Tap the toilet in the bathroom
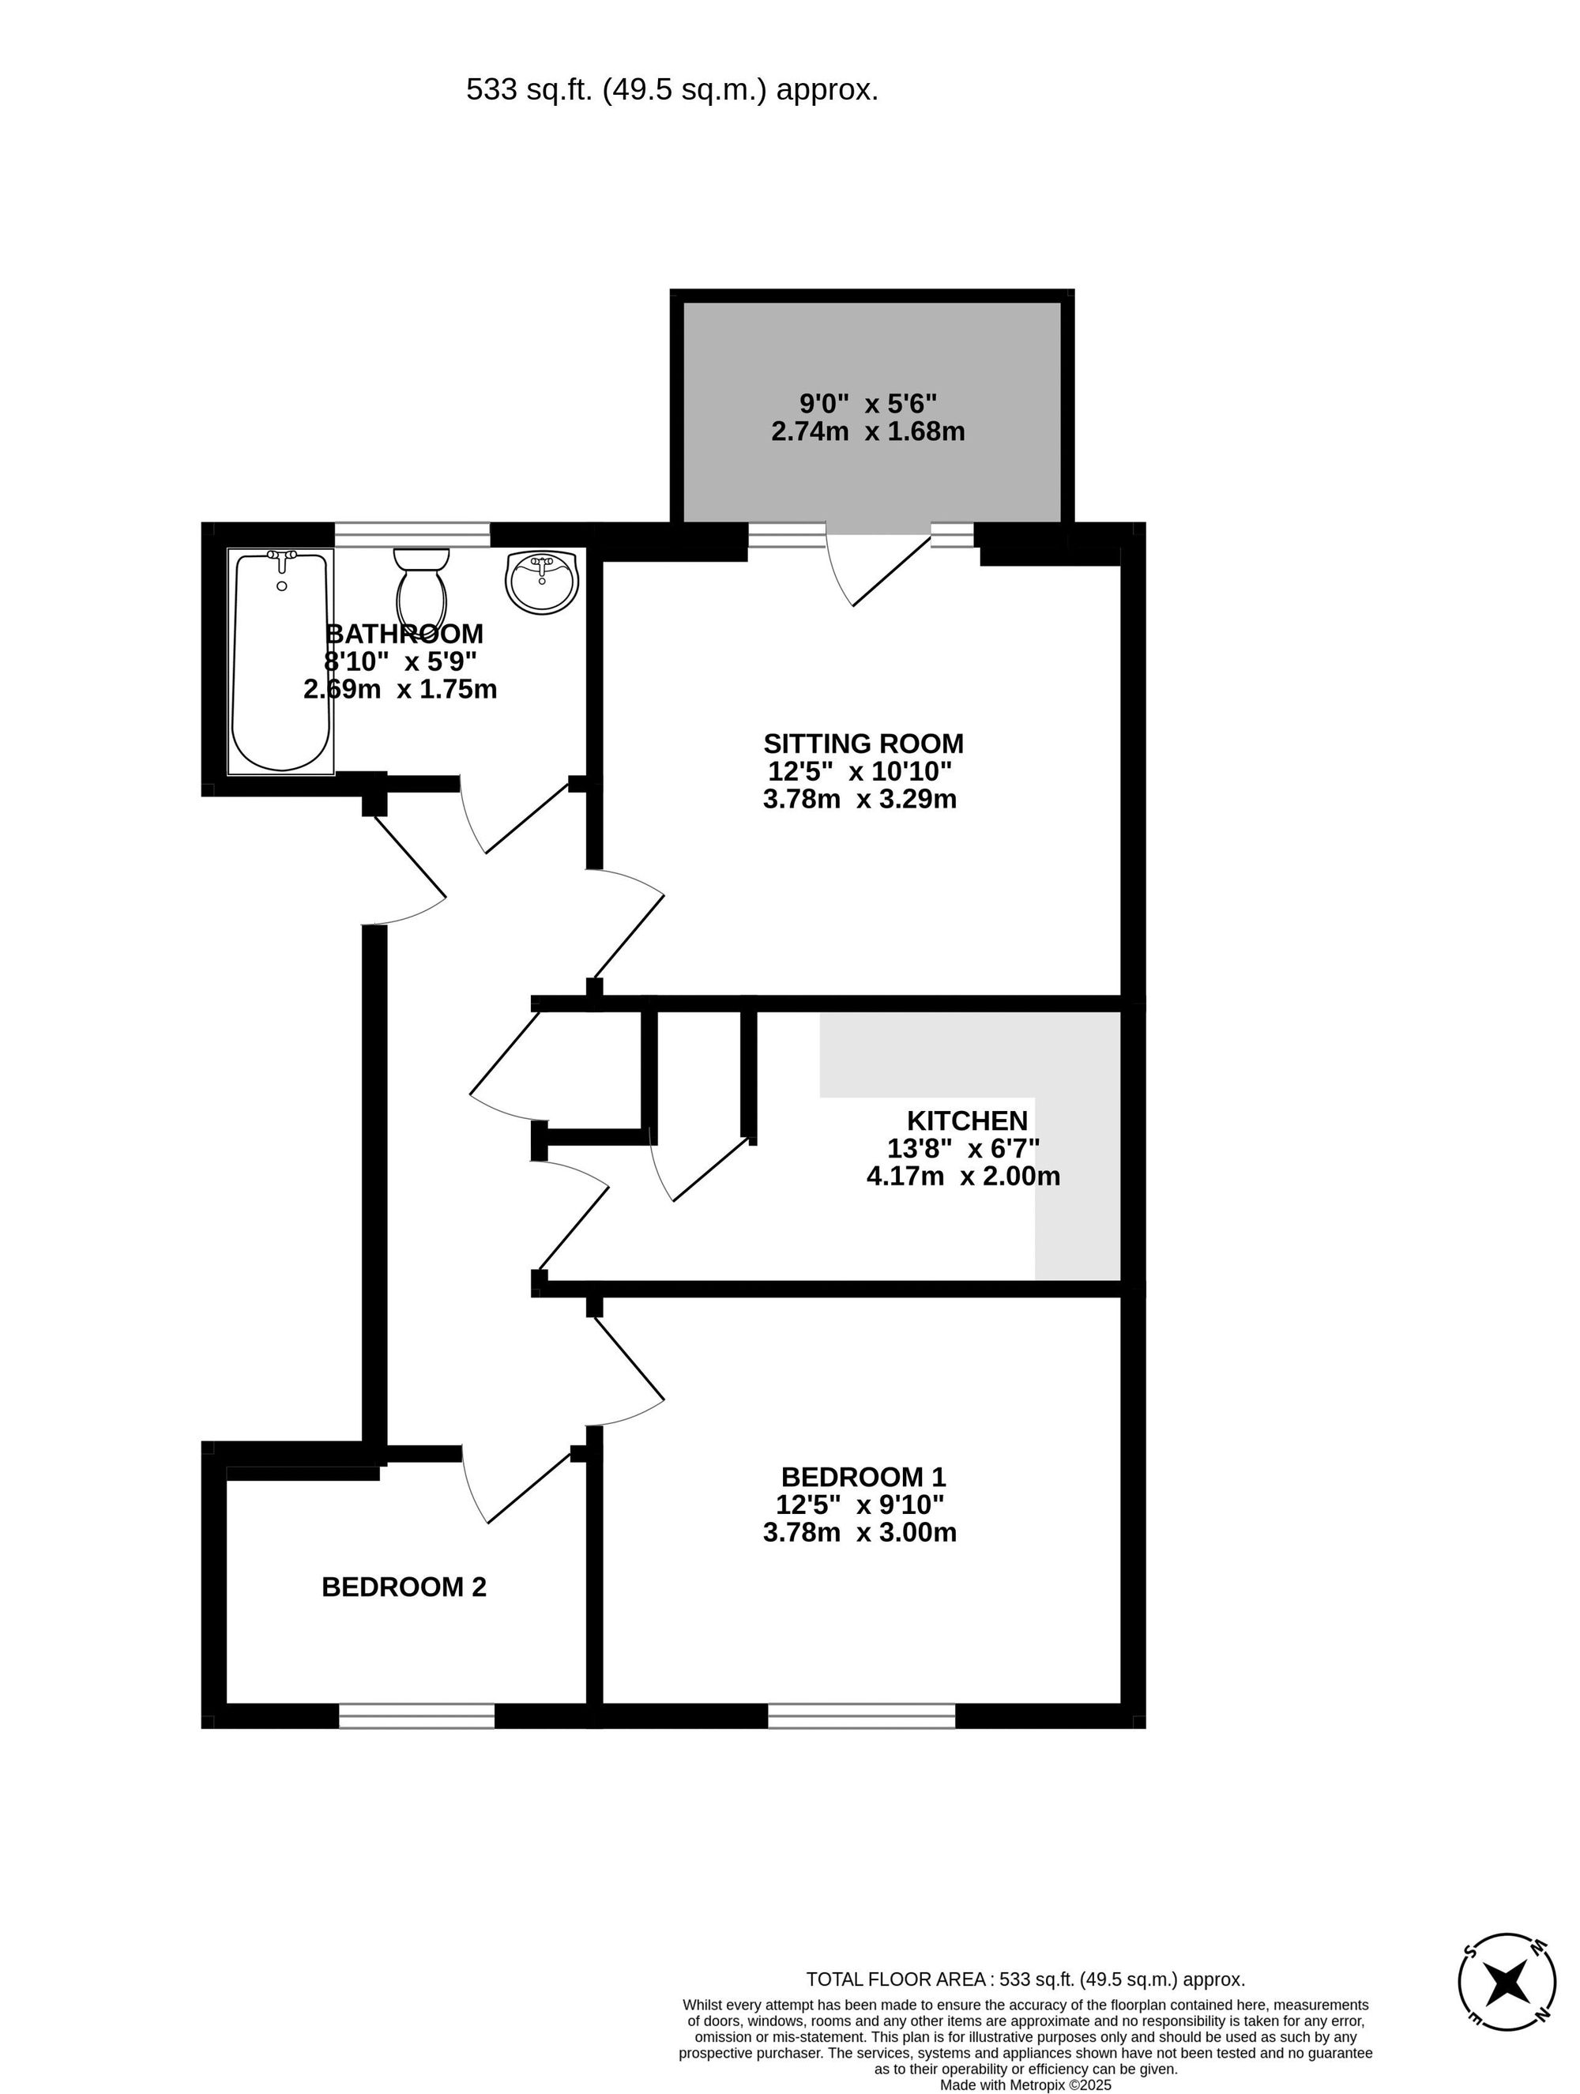click(x=421, y=589)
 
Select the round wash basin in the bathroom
click(x=541, y=582)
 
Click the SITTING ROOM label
click(x=863, y=743)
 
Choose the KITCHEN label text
click(x=966, y=1120)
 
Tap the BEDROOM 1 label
click(x=863, y=1476)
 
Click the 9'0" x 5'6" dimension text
click(x=867, y=405)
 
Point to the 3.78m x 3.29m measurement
click(x=860, y=799)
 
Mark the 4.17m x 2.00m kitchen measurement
click(x=963, y=1177)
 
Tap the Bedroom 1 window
click(x=860, y=1715)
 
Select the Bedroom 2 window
click(x=416, y=1715)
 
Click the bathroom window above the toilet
click(x=412, y=535)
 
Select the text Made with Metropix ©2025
click(x=1025, y=2085)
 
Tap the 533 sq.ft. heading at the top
click(x=672, y=90)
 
